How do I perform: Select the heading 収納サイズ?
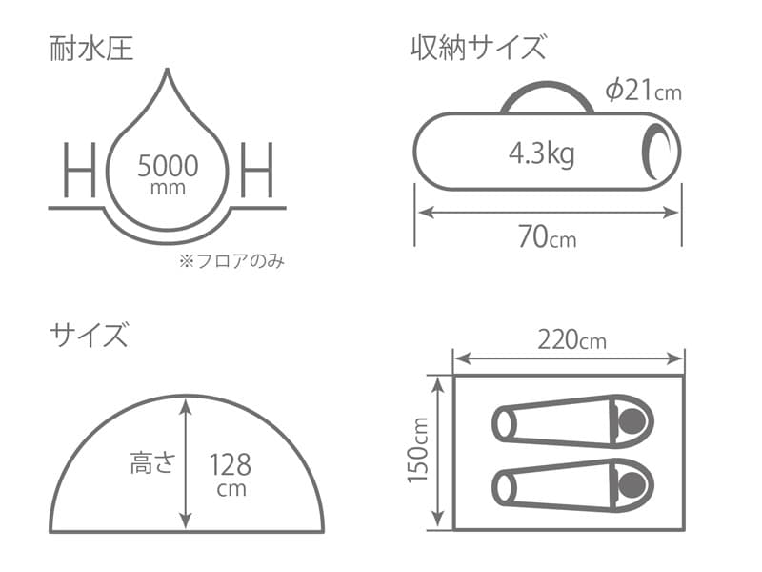point(478,48)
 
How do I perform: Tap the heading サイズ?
point(89,335)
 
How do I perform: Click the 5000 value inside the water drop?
point(168,167)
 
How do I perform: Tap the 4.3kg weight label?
point(541,153)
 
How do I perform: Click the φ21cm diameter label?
point(644,92)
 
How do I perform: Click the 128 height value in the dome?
point(231,465)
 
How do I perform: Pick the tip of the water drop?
point(169,71)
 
